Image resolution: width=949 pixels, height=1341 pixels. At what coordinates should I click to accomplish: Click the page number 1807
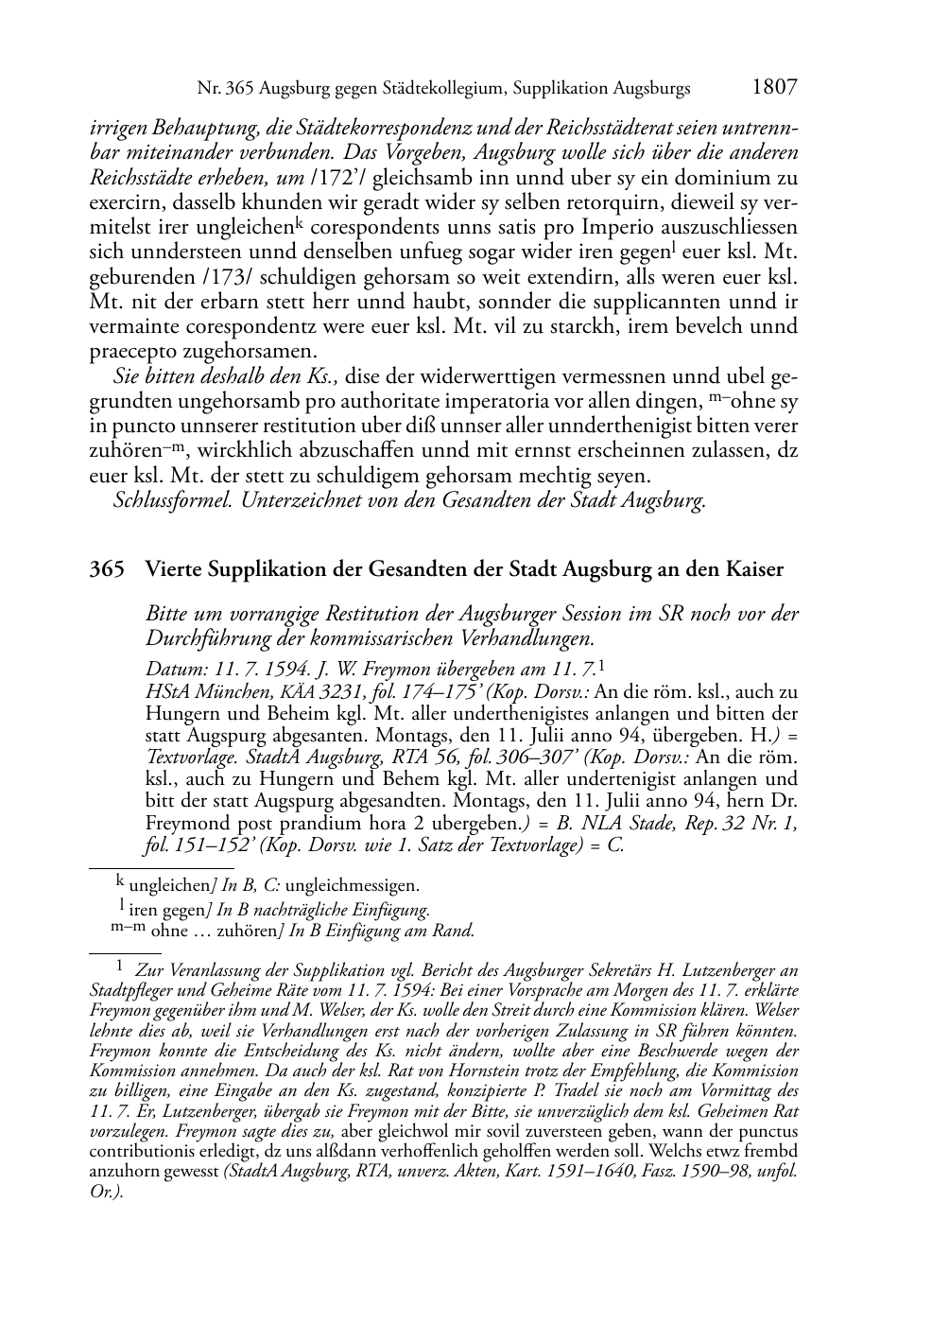[775, 88]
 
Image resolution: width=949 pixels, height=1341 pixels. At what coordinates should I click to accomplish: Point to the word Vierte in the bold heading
[172, 570]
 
